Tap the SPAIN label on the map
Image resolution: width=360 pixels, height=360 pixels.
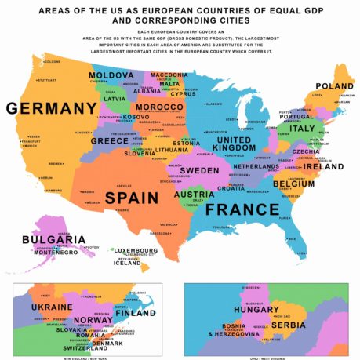click(x=133, y=196)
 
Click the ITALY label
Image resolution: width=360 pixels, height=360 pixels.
click(x=301, y=129)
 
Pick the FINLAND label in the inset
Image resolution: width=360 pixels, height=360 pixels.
click(x=134, y=313)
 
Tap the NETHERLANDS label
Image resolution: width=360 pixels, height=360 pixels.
click(x=256, y=166)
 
